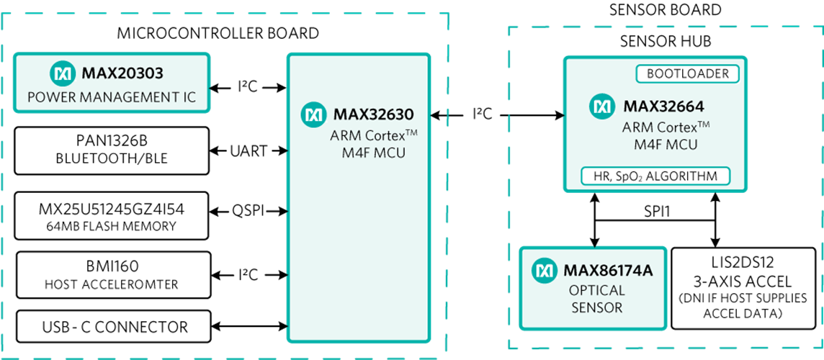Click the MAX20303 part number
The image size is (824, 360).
click(x=122, y=73)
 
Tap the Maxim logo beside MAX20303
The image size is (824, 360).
click(x=63, y=73)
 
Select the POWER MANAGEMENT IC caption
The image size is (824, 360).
click(x=111, y=97)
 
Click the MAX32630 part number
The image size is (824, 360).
click(x=373, y=114)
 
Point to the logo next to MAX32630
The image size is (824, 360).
click(x=313, y=114)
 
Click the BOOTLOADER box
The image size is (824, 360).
click(x=687, y=73)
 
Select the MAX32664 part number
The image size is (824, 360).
click(x=663, y=107)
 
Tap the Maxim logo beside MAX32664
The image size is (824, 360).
click(x=602, y=107)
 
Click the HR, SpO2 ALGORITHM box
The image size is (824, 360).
click(x=655, y=176)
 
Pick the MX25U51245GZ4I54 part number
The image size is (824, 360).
click(x=111, y=209)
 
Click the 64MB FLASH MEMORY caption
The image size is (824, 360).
click(x=111, y=226)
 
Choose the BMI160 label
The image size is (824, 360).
click(x=112, y=267)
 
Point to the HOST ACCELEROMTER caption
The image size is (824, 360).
click(x=112, y=285)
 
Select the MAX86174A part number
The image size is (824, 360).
click(x=608, y=271)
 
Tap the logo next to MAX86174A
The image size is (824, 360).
click(x=545, y=271)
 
